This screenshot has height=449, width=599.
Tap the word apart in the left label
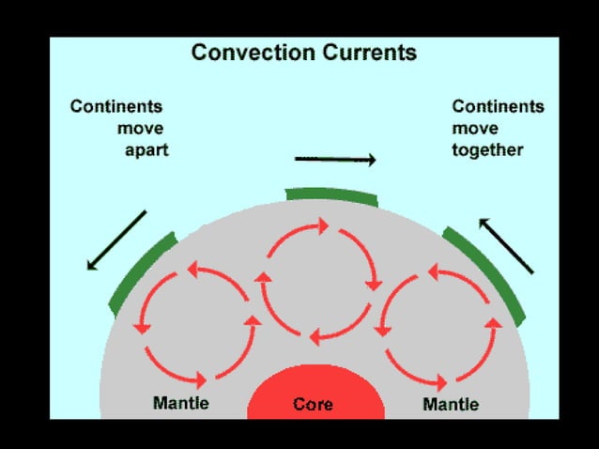(x=146, y=149)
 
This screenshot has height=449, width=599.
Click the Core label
(x=313, y=404)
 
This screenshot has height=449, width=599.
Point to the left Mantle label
(x=180, y=404)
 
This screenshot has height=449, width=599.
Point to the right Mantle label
(x=451, y=405)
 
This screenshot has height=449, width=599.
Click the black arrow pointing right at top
(x=335, y=160)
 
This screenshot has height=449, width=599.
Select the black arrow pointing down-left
(x=117, y=240)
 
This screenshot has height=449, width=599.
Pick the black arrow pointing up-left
(x=506, y=245)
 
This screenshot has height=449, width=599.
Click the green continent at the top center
(x=331, y=195)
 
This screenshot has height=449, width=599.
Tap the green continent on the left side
(x=141, y=272)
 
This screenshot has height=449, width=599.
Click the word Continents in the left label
(x=116, y=106)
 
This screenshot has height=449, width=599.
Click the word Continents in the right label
(x=499, y=106)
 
